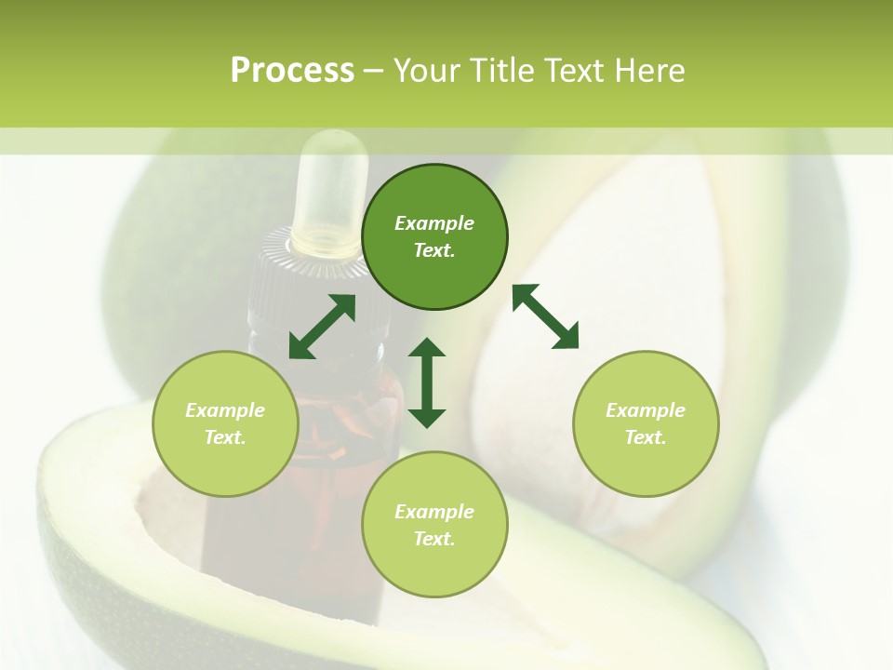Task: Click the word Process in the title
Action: pyautogui.click(x=292, y=71)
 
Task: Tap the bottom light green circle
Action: pyautogui.click(x=434, y=568)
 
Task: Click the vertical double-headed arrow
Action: pyautogui.click(x=427, y=382)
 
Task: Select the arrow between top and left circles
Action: pyautogui.click(x=322, y=327)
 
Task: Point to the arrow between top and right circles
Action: pyautogui.click(x=546, y=316)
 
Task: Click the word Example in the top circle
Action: pyautogui.click(x=434, y=223)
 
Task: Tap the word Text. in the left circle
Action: pyautogui.click(x=225, y=437)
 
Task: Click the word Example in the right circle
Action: pyautogui.click(x=646, y=410)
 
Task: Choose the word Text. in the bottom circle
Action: pyautogui.click(x=434, y=539)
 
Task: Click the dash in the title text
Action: pyautogui.click(x=374, y=71)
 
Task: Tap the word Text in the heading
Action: pyautogui.click(x=572, y=71)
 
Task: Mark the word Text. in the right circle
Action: pyautogui.click(x=646, y=437)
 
